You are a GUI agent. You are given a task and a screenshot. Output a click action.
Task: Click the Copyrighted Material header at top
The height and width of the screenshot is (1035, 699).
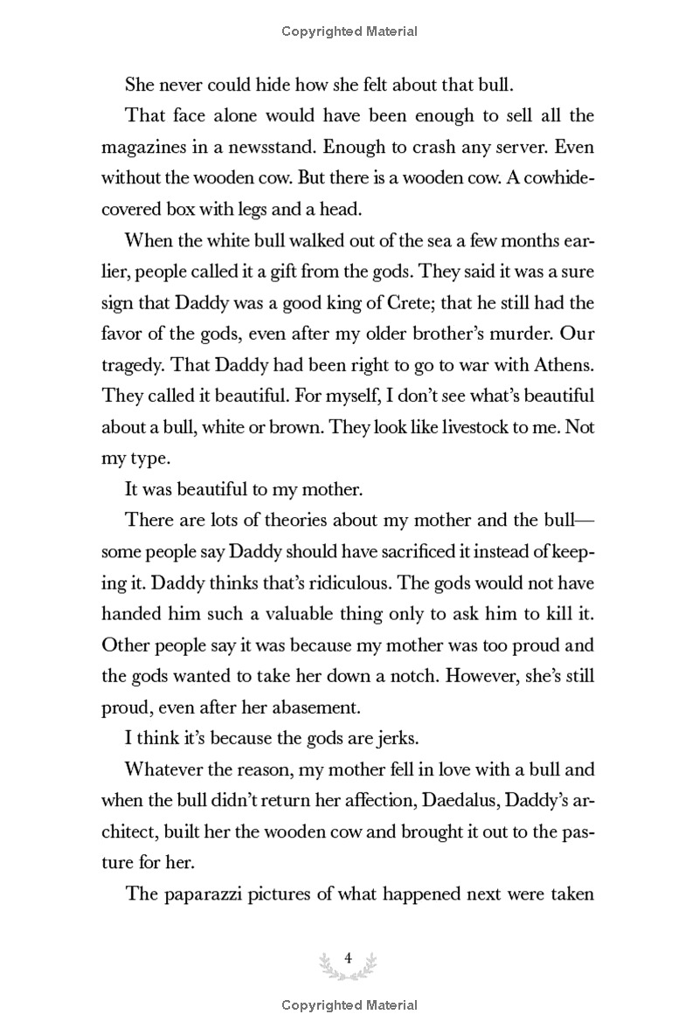(x=349, y=31)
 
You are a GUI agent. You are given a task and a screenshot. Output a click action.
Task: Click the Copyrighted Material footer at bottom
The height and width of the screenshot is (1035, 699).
(x=349, y=1005)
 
